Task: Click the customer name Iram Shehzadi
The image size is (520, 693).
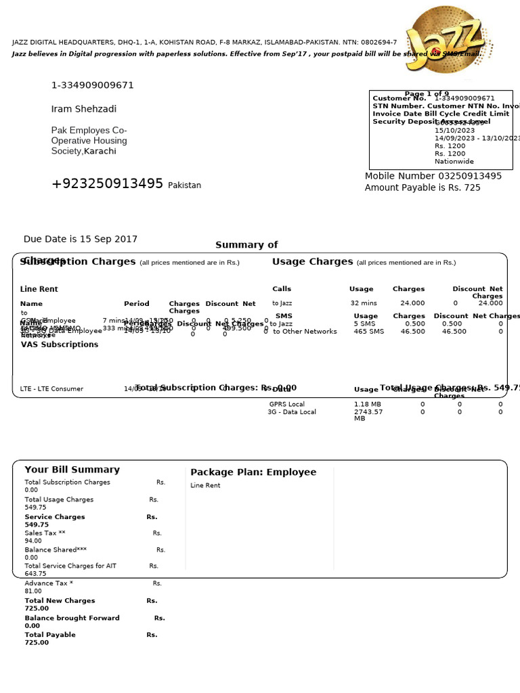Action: point(84,109)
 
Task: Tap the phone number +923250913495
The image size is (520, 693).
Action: point(107,184)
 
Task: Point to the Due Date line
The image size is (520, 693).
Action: point(80,239)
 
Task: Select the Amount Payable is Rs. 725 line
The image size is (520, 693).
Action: point(422,187)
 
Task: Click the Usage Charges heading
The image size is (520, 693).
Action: point(312,261)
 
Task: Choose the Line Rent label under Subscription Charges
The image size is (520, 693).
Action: point(39,289)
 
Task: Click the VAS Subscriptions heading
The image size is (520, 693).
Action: point(60,344)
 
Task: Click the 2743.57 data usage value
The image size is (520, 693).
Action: point(368,411)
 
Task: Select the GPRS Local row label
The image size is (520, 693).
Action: point(286,404)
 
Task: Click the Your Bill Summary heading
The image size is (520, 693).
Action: point(72,470)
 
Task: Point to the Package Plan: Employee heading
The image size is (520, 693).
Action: point(253,472)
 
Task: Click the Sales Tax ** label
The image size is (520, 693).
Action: point(45,533)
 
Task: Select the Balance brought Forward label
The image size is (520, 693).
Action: point(72,618)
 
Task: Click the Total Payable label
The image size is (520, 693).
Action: point(50,635)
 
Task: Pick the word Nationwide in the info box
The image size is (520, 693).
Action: point(454,162)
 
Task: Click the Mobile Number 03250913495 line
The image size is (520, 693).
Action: point(433,176)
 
